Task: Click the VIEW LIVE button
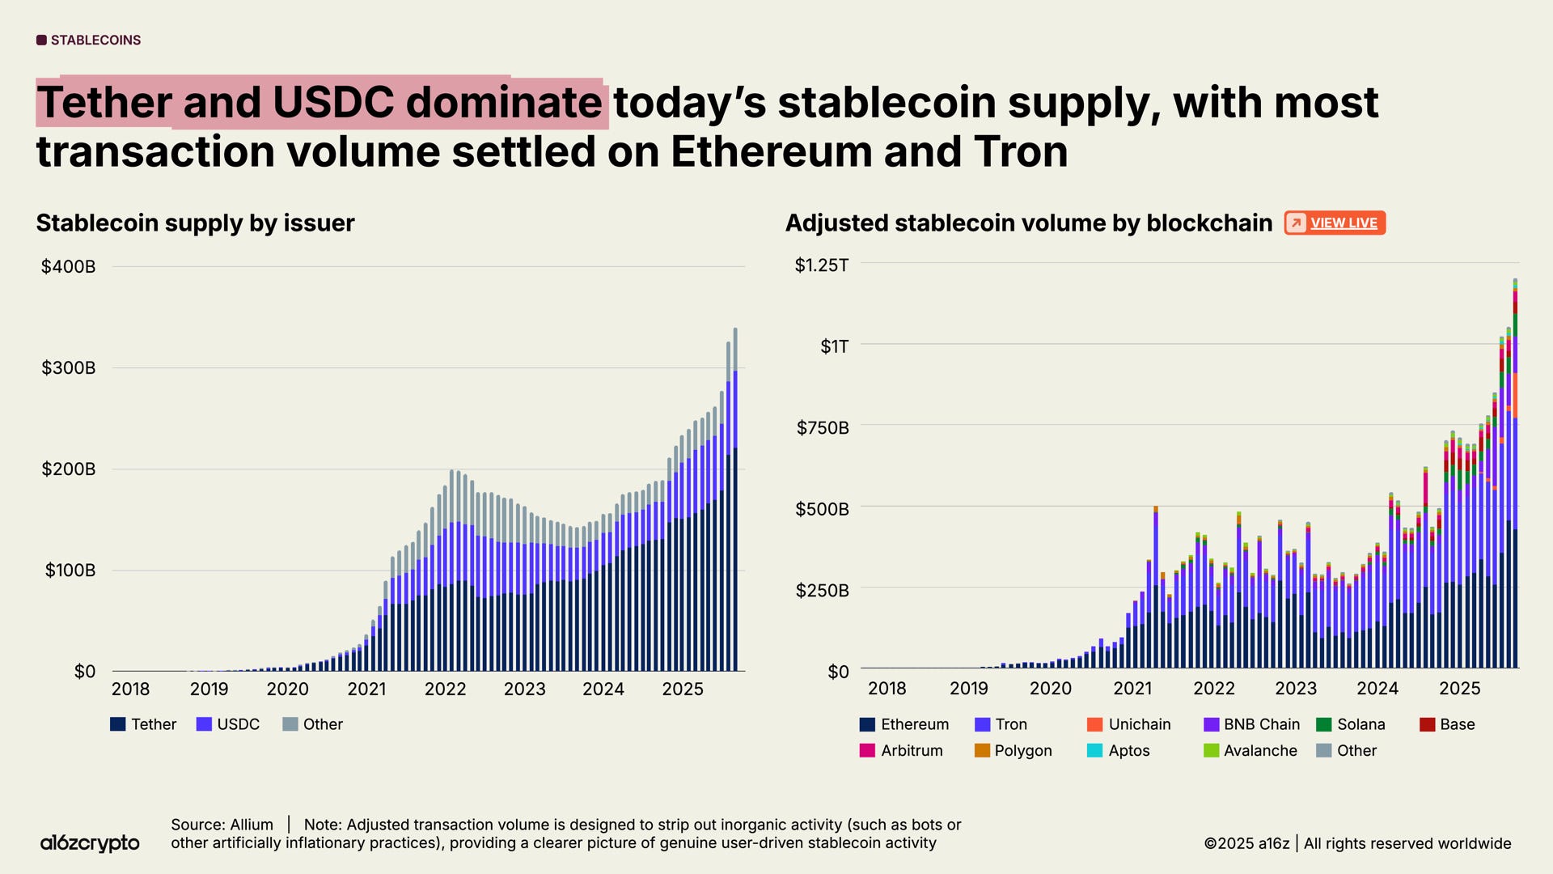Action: tap(1335, 223)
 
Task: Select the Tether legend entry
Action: tap(143, 724)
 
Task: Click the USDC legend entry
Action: tap(228, 724)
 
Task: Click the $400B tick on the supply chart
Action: tap(68, 266)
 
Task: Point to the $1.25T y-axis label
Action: tap(822, 265)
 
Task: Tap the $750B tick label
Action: tap(823, 427)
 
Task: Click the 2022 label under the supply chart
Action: tap(445, 689)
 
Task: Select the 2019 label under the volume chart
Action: tap(968, 688)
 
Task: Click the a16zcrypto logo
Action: tap(90, 842)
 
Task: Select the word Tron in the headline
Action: tap(1021, 152)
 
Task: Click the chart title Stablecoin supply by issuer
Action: tap(195, 223)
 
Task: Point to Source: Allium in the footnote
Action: tap(222, 825)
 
